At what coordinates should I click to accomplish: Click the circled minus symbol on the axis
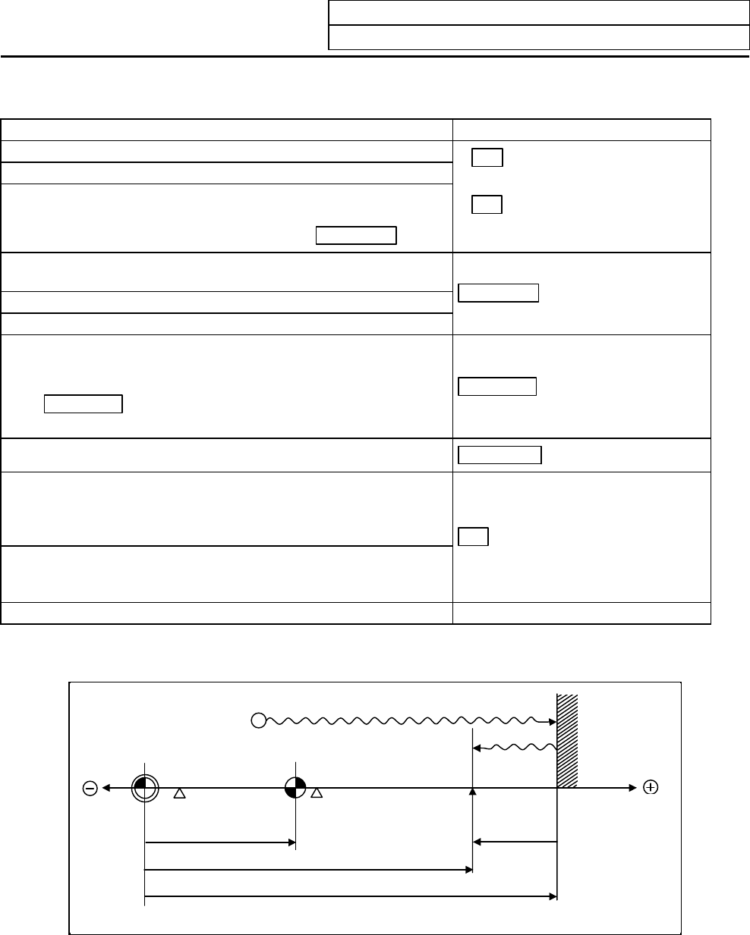(90, 789)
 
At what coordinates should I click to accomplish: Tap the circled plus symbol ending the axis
(650, 788)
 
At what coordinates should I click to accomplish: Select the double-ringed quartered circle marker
(144, 789)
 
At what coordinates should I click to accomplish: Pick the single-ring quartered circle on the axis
(295, 789)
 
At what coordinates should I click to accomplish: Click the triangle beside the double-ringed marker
(180, 794)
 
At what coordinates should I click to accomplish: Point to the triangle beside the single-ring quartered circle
(318, 794)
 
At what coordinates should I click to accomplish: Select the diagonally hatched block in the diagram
(568, 741)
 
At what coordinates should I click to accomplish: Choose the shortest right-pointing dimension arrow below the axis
(219, 842)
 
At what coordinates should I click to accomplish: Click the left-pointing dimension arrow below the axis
(515, 841)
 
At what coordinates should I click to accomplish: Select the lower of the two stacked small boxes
(487, 205)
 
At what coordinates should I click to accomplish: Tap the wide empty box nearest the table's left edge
(84, 403)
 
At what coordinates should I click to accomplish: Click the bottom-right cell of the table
(581, 613)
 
